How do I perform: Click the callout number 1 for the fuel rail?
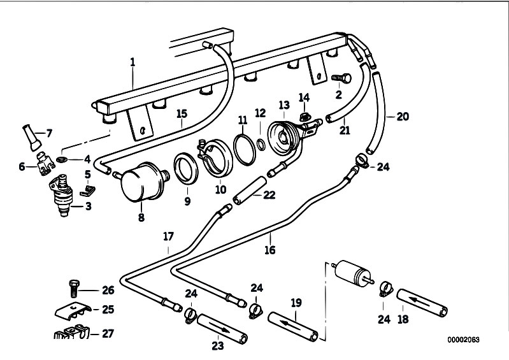(133, 62)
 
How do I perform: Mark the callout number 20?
(402, 117)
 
